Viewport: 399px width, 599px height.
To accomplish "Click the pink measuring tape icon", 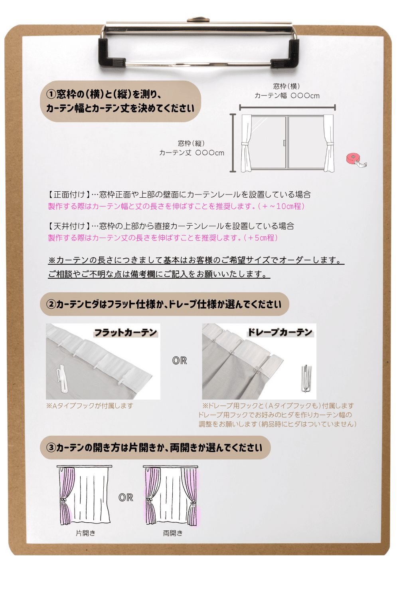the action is (x=356, y=161).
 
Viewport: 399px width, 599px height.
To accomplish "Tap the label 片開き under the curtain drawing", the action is (x=85, y=533).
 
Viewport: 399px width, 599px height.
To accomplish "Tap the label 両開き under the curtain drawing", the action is (x=173, y=533).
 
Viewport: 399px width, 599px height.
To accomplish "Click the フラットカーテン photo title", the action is (x=126, y=333).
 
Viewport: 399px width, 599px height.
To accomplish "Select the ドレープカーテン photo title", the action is (x=280, y=332).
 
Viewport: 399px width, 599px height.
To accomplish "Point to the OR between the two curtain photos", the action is (x=180, y=361).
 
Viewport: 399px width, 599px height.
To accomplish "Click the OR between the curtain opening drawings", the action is (x=126, y=498).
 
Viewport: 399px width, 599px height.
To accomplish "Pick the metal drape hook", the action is (x=306, y=379).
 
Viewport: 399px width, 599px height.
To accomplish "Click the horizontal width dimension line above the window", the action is (x=287, y=107).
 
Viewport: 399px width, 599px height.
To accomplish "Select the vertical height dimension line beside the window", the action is (x=233, y=143).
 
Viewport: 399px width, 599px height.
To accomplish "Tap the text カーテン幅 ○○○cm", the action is (x=287, y=96).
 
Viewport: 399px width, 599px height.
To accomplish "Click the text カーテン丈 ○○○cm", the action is (x=192, y=153).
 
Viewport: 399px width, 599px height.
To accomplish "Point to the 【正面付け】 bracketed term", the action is (x=69, y=194).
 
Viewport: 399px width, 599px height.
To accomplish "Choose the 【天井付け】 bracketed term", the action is (x=69, y=226).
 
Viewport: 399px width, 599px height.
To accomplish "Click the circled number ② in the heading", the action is (x=51, y=304).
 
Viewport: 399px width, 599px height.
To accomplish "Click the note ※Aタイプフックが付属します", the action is (x=89, y=406).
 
